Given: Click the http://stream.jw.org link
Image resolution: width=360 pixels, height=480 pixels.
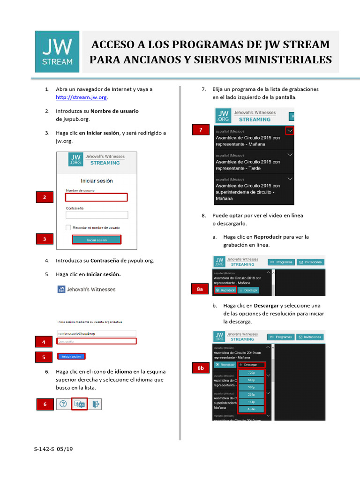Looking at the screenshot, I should [x=82, y=97].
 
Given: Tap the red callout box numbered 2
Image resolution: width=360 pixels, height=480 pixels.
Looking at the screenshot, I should [x=45, y=198].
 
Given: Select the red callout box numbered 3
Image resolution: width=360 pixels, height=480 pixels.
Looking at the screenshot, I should [x=45, y=240].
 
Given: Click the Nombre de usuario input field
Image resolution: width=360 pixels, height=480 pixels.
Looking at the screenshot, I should [x=97, y=197].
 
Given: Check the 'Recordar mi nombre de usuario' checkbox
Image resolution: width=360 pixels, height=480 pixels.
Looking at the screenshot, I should [x=68, y=227].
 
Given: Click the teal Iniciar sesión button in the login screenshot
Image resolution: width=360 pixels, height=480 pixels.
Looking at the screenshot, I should [x=97, y=240].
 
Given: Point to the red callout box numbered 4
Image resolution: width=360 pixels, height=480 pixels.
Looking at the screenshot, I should [x=44, y=342].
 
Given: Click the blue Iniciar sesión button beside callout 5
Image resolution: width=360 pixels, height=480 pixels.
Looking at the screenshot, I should [x=72, y=357].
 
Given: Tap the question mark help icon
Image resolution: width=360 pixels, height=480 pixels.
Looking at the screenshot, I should [x=63, y=404].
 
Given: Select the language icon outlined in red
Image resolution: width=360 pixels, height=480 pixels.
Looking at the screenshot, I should [x=79, y=404].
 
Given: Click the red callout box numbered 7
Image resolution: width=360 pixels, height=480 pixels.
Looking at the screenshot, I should [x=201, y=130].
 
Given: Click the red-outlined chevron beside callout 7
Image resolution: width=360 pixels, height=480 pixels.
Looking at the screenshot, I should [x=290, y=131].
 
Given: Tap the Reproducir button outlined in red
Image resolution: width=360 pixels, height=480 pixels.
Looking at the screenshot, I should [x=225, y=290].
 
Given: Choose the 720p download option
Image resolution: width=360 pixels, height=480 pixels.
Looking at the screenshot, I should [x=252, y=373].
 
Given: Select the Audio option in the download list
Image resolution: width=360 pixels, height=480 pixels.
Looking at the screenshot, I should [x=252, y=409].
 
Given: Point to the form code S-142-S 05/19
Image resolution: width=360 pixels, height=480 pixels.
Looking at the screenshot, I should [x=53, y=449].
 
